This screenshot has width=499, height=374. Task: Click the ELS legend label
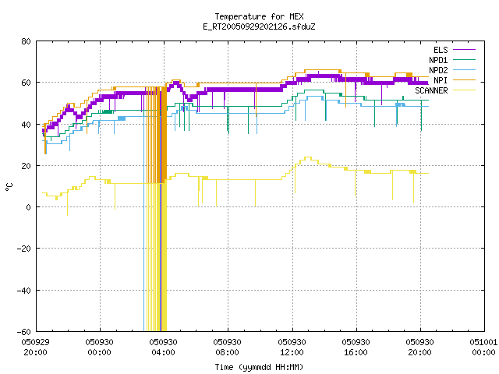click(441, 50)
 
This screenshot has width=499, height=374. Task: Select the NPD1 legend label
click(438, 60)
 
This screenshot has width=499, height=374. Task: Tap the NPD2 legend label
click(438, 70)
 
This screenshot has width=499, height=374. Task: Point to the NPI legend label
click(441, 80)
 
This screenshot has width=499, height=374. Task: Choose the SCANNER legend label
click(431, 90)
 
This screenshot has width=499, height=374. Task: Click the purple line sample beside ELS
click(464, 50)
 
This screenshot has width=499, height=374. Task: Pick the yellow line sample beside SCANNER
click(464, 90)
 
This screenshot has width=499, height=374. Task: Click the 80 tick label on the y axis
click(26, 41)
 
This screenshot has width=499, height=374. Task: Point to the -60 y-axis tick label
click(24, 332)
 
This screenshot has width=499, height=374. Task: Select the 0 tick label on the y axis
click(29, 207)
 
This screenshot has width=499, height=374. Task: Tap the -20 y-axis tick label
click(24, 249)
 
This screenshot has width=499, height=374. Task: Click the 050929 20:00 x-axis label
click(35, 348)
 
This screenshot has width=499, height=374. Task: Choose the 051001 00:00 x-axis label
click(483, 348)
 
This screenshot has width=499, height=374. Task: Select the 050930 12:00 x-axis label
click(292, 348)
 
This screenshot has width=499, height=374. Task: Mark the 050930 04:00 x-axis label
click(163, 348)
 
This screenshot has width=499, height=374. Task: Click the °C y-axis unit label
click(9, 187)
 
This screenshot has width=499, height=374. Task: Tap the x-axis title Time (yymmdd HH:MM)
click(259, 367)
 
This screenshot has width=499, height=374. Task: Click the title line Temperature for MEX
click(259, 16)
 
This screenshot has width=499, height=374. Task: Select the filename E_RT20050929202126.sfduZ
click(259, 26)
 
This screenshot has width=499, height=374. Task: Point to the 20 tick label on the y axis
click(26, 166)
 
